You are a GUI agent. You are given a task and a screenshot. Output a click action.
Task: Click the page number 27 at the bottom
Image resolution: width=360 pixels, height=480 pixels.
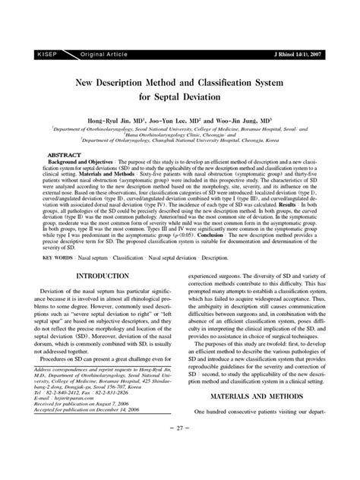click(180, 470)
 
